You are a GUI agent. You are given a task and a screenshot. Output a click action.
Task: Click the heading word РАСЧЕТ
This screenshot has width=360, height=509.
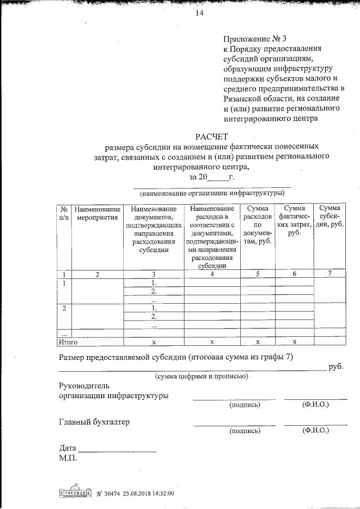(x=212, y=136)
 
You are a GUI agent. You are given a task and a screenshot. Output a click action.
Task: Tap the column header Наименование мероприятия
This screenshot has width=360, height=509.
(x=97, y=214)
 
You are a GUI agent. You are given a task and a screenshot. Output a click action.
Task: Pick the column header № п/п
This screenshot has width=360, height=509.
(x=64, y=214)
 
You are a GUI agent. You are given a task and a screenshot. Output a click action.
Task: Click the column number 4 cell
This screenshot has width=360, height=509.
(x=212, y=274)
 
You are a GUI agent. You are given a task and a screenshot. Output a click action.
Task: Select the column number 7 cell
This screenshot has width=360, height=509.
(x=330, y=274)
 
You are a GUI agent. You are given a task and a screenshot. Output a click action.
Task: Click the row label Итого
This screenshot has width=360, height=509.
(x=68, y=341)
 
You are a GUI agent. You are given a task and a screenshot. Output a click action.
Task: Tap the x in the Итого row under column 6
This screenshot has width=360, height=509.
(x=294, y=341)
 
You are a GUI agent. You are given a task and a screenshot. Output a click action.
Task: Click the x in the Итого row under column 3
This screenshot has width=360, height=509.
(x=154, y=341)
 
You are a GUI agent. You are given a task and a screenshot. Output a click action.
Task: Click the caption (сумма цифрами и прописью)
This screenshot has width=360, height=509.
(x=201, y=376)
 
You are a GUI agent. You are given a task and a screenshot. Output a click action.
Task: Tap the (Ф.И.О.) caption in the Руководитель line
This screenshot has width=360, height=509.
(x=315, y=404)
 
